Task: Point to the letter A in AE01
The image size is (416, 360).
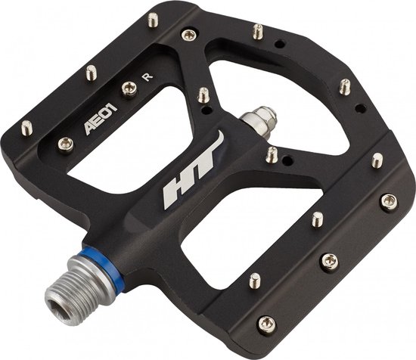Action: pos(91,128)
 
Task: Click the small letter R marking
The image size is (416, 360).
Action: pos(147,76)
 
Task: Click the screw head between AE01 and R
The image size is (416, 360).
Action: pos(129,88)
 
